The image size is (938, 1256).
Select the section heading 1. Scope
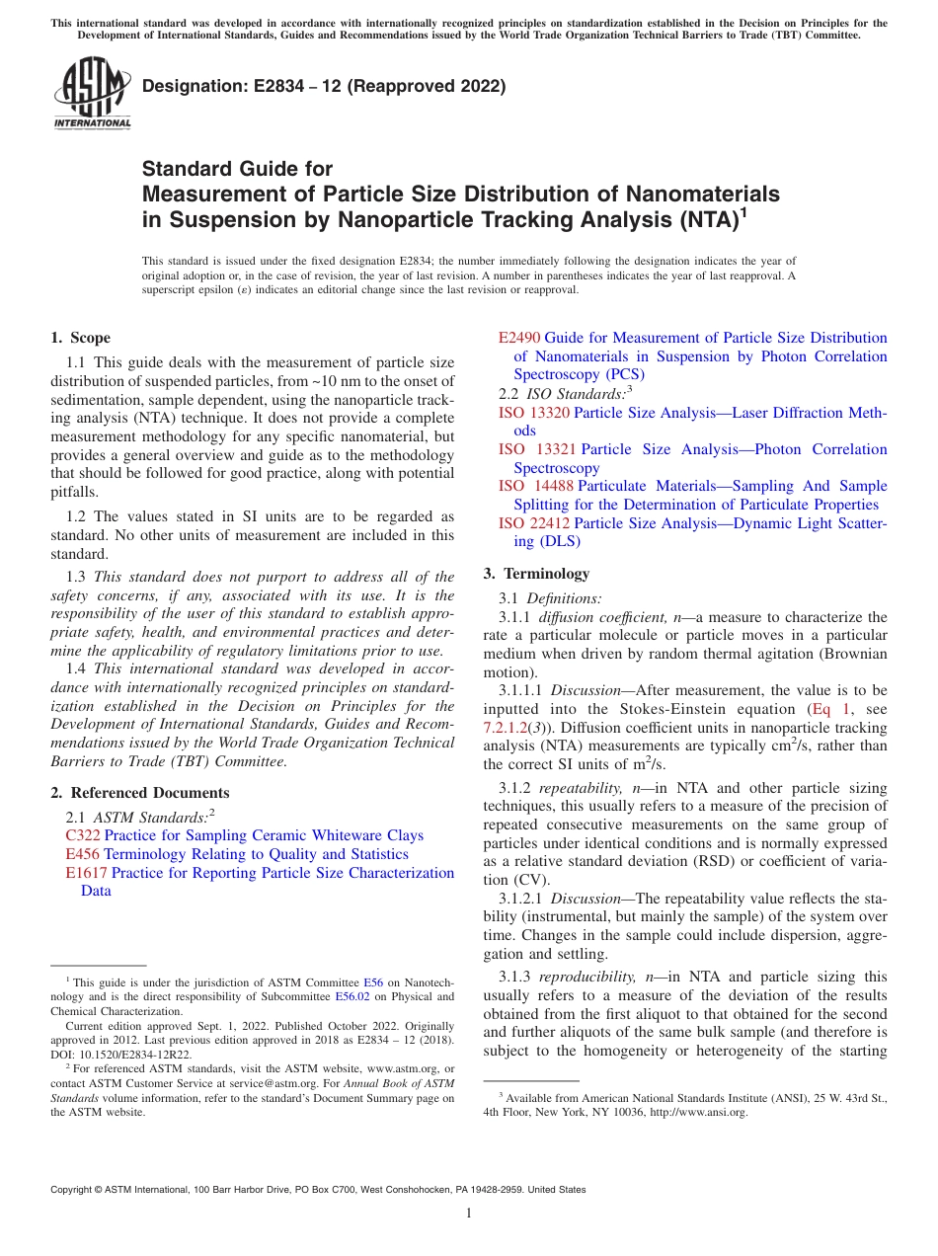coord(80,338)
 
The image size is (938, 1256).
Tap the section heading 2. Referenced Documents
coord(139,793)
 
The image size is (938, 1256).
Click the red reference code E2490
coord(519,338)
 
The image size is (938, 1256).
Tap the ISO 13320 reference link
coord(533,412)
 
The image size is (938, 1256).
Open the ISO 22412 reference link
coord(534,523)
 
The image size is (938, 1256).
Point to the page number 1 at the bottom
coord(469,1214)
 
